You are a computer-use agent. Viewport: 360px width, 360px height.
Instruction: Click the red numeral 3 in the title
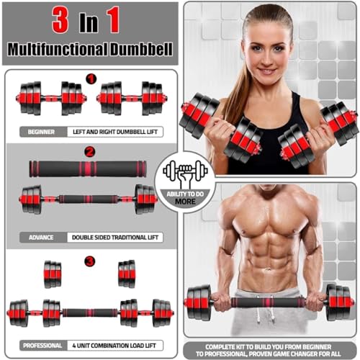tap(60, 20)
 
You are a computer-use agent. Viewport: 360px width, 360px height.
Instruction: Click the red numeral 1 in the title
tap(113, 19)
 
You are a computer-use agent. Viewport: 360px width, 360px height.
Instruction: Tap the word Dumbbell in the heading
tap(141, 49)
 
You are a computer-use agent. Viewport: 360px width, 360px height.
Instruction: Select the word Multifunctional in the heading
tap(57, 49)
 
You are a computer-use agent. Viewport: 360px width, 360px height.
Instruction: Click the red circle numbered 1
tap(91, 78)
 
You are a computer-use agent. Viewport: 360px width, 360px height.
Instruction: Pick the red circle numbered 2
tap(90, 152)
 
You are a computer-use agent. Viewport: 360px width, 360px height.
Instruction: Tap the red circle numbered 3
tap(90, 261)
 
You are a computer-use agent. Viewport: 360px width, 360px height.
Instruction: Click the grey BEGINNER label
tap(41, 132)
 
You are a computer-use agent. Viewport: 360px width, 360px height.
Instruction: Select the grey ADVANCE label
tap(41, 238)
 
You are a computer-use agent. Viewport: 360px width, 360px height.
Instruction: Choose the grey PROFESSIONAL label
tap(42, 346)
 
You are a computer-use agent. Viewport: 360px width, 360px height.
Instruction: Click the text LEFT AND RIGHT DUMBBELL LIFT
tap(115, 132)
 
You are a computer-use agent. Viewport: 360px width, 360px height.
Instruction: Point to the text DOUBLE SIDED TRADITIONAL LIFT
tap(115, 238)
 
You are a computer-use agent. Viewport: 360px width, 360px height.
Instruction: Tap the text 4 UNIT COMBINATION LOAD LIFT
tap(114, 346)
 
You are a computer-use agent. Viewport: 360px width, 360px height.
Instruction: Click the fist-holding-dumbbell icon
tap(185, 173)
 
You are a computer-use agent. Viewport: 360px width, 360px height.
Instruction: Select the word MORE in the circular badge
tap(185, 202)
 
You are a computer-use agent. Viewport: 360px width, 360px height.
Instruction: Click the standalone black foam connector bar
tap(88, 169)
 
